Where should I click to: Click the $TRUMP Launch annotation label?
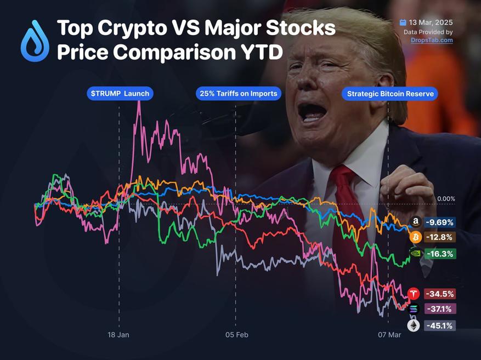coord(119,94)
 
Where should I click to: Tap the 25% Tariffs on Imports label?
coord(237,94)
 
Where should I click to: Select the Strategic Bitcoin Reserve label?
coord(390,94)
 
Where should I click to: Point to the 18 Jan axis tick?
coord(118,334)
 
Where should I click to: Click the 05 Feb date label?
coord(236,334)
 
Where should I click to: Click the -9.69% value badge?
coord(439,222)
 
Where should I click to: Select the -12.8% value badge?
coord(439,237)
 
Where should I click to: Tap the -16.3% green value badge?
coord(439,254)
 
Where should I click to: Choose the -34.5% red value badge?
coord(439,294)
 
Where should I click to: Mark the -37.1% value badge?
coord(439,309)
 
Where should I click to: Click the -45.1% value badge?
coord(439,326)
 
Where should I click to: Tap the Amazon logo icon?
coord(415,222)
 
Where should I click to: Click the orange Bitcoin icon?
coord(415,237)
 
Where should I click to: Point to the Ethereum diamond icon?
coord(413,326)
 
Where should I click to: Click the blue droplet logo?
coord(35,41)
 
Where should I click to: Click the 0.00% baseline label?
coord(446,199)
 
